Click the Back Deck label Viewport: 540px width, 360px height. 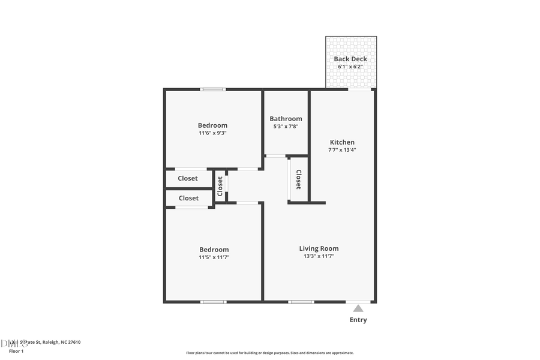pos(350,59)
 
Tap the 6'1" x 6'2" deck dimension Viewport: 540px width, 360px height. pos(350,67)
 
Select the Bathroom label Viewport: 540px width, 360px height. pos(286,119)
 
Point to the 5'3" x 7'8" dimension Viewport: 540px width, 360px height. pos(286,127)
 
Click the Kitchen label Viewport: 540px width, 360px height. pos(342,142)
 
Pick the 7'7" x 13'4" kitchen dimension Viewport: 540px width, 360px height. pos(342,150)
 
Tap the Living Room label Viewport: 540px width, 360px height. pos(319,248)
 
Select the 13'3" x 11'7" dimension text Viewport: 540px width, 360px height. pos(319,256)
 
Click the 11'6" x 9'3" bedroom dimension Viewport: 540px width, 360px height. pos(213,133)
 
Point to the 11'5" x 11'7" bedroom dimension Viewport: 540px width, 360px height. pos(214,257)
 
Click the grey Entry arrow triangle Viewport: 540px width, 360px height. pos(358,308)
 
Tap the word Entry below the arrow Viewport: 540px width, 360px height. pos(358,320)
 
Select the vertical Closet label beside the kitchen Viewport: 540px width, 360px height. pos(298,179)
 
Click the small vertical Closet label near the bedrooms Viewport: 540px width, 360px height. pos(220,186)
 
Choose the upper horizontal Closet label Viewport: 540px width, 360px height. pos(188,178)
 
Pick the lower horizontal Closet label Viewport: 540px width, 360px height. pos(188,198)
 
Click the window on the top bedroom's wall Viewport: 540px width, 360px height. pos(213,89)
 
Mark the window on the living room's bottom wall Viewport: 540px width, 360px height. pos(301,302)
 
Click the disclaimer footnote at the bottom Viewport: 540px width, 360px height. pos(269,353)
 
